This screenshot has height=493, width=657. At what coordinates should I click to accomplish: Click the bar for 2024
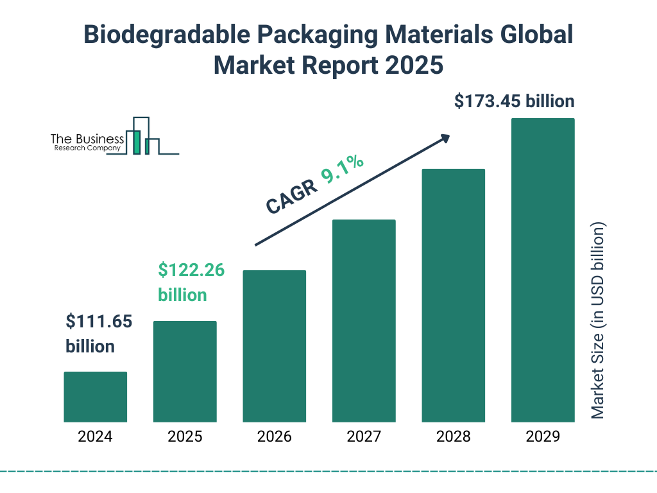tap(95, 397)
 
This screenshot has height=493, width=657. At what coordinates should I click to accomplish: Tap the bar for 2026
tap(274, 346)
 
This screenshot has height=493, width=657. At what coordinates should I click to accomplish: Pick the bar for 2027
tap(364, 321)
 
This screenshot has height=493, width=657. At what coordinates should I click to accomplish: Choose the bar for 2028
tap(453, 295)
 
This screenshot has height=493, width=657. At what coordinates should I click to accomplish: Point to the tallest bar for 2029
tap(543, 270)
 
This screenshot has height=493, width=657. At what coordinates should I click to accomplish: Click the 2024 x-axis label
tap(95, 437)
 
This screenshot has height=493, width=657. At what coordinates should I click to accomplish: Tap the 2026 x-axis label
tap(274, 437)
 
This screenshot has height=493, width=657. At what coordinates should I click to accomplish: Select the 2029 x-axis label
tap(543, 437)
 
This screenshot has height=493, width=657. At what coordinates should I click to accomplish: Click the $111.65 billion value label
tap(99, 334)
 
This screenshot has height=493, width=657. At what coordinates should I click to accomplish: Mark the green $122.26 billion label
tap(191, 282)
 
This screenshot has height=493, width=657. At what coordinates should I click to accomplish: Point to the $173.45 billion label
tap(514, 101)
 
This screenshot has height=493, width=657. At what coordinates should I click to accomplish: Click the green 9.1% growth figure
tap(343, 169)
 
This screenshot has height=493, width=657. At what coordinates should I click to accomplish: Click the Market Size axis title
tap(598, 320)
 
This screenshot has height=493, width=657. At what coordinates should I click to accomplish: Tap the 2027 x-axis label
tap(364, 437)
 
